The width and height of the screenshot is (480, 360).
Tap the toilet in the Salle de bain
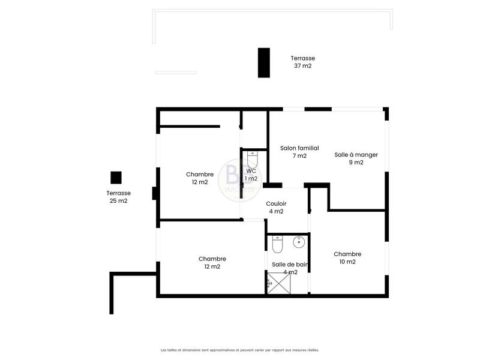(277, 245)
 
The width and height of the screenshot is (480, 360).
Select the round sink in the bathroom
(298, 242)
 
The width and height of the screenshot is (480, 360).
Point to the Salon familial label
(299, 148)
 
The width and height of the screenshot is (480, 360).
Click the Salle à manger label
(356, 154)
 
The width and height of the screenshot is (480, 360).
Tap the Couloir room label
(276, 203)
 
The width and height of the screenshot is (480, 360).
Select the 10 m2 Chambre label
(347, 254)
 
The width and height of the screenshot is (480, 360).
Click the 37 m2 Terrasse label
(302, 58)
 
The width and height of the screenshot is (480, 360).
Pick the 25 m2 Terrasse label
(118, 193)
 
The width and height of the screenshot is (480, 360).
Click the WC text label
(251, 171)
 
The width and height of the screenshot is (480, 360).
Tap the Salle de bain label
(284, 265)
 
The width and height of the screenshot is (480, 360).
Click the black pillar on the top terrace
(263, 62)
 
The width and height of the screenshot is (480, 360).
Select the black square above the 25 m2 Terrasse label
(116, 178)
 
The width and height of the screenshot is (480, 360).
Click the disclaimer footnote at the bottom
(239, 350)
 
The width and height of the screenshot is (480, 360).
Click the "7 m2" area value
(299, 156)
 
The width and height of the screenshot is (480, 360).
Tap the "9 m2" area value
(356, 162)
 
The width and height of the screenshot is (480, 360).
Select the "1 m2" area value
(251, 178)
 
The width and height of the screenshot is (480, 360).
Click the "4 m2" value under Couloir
(276, 211)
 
